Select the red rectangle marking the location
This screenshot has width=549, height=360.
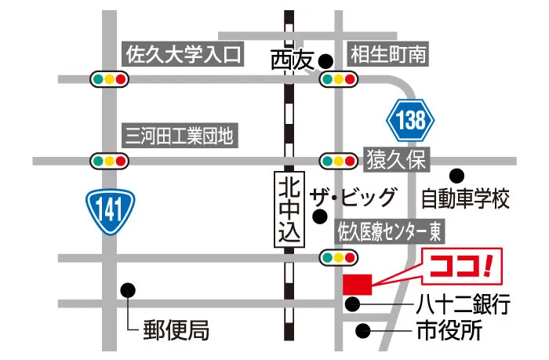click(x=358, y=284)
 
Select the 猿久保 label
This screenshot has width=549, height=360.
click(x=395, y=161)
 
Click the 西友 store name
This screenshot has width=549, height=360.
click(x=291, y=59)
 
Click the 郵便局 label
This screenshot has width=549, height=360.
click(x=176, y=330)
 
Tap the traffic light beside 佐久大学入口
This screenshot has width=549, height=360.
click(x=110, y=79)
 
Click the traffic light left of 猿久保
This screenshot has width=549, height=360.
click(x=338, y=160)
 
